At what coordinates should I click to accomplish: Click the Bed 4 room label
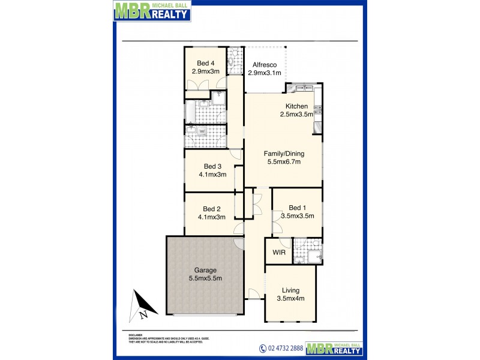206,63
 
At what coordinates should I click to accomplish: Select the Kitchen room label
296,106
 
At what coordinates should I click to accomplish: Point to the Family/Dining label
284,154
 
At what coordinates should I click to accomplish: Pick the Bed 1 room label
298,208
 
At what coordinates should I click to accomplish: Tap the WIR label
279,253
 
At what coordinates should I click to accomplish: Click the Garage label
205,270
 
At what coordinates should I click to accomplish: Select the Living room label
290,290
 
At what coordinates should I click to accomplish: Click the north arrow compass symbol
140,304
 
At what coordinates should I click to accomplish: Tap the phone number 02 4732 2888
285,349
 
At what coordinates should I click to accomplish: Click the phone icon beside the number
262,349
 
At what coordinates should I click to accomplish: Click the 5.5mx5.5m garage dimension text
205,278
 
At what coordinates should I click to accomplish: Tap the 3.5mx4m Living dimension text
290,298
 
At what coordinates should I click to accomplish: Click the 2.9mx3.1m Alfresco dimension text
265,73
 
